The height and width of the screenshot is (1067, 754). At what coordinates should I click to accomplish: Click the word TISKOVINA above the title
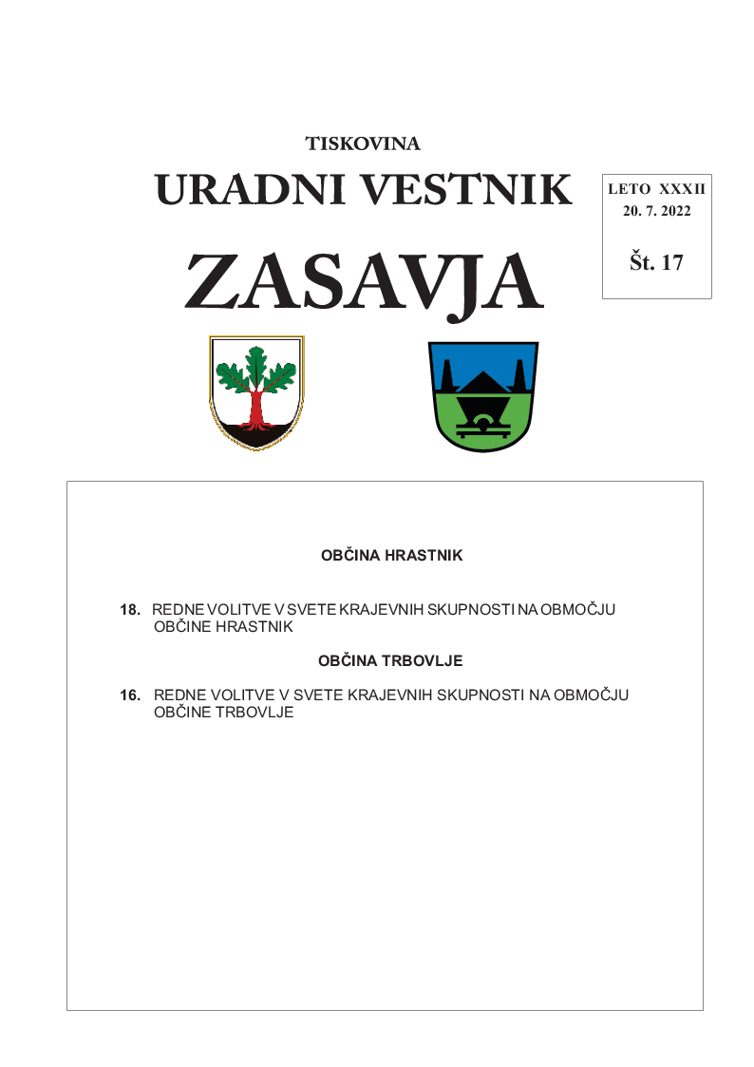363,144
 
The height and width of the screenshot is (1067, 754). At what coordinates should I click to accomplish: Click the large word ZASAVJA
364,282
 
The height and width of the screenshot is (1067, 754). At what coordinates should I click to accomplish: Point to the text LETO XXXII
656,190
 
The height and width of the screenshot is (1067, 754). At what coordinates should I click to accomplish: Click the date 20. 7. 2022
656,211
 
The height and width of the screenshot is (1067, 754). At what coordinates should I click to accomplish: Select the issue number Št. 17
656,263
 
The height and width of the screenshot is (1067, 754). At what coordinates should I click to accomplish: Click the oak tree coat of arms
256,391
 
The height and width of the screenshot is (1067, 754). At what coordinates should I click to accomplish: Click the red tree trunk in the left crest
256,409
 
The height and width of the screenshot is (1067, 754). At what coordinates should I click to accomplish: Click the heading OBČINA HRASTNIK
391,556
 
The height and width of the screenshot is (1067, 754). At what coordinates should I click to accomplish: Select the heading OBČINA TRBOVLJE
391,660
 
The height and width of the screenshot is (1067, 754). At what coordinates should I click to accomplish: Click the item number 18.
130,610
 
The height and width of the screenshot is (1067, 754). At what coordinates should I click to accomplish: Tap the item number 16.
130,695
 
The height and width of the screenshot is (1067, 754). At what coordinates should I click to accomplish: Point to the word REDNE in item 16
176,695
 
